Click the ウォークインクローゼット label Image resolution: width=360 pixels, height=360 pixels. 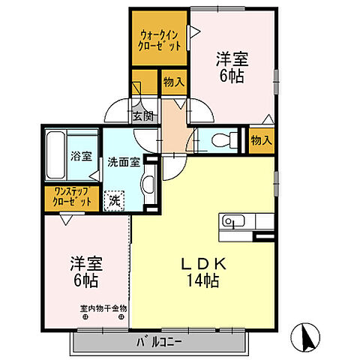click(160, 40)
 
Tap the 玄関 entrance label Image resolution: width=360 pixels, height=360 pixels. click(142, 116)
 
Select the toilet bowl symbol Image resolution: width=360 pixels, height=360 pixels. click(224, 140)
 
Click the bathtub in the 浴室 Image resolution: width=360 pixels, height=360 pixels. click(55, 155)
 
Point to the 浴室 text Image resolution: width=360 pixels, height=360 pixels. click(81, 156)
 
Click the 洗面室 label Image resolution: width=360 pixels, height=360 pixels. click(124, 163)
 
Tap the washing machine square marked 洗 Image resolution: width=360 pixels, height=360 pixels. click(114, 201)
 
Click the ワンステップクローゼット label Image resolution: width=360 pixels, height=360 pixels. click(72, 196)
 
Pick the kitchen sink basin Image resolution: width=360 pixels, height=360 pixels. click(233, 221)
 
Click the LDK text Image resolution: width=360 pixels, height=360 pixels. click(203, 264)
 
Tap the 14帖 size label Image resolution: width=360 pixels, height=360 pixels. click(203, 280)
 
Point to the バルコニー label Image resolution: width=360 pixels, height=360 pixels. click(159, 342)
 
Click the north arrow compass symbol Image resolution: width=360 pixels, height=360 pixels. click(305, 337)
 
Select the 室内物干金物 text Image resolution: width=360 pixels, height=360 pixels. click(103, 308)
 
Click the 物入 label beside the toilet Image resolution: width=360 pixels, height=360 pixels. click(262, 140)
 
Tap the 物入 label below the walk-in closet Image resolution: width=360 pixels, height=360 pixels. click(174, 82)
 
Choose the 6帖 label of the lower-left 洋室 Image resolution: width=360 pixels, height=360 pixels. click(85, 280)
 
